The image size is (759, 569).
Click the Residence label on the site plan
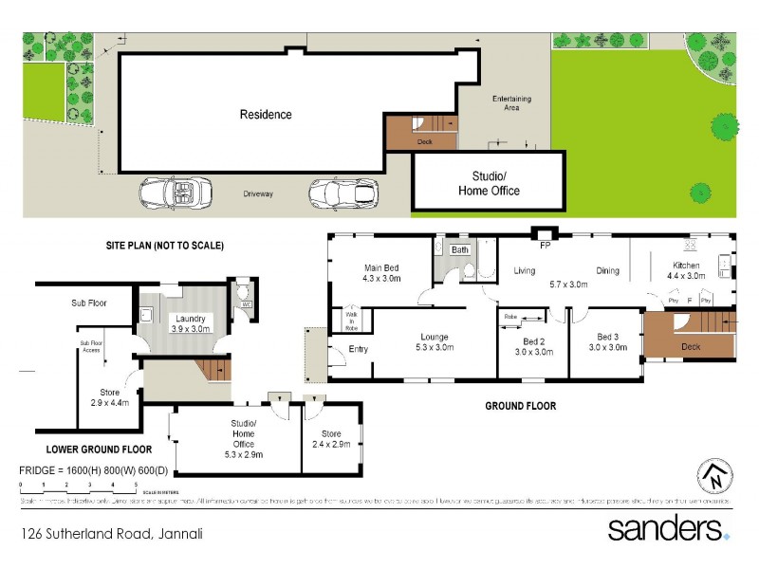(x=266, y=115)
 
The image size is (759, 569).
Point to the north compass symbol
(x=716, y=477)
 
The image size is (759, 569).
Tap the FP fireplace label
(x=546, y=245)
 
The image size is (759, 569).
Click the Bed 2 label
(x=533, y=341)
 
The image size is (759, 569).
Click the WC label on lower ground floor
(x=246, y=305)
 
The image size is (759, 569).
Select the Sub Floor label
(x=88, y=303)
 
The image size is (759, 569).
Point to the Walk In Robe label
(x=350, y=320)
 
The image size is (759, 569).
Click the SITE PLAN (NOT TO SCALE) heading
(x=164, y=245)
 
